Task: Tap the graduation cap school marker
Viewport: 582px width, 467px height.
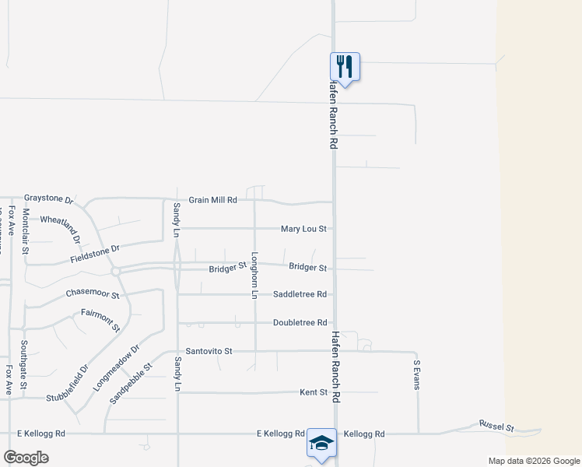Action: click(x=321, y=443)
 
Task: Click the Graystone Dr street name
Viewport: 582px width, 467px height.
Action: click(x=48, y=198)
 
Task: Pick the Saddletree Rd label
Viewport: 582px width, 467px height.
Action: click(x=300, y=294)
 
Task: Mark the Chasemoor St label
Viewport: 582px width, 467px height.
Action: click(x=93, y=295)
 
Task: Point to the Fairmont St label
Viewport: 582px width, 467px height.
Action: click(x=100, y=319)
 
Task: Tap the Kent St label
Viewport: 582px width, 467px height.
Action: click(x=314, y=392)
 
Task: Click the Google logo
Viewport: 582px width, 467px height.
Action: click(x=26, y=457)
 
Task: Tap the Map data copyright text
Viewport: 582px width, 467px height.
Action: click(x=533, y=461)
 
